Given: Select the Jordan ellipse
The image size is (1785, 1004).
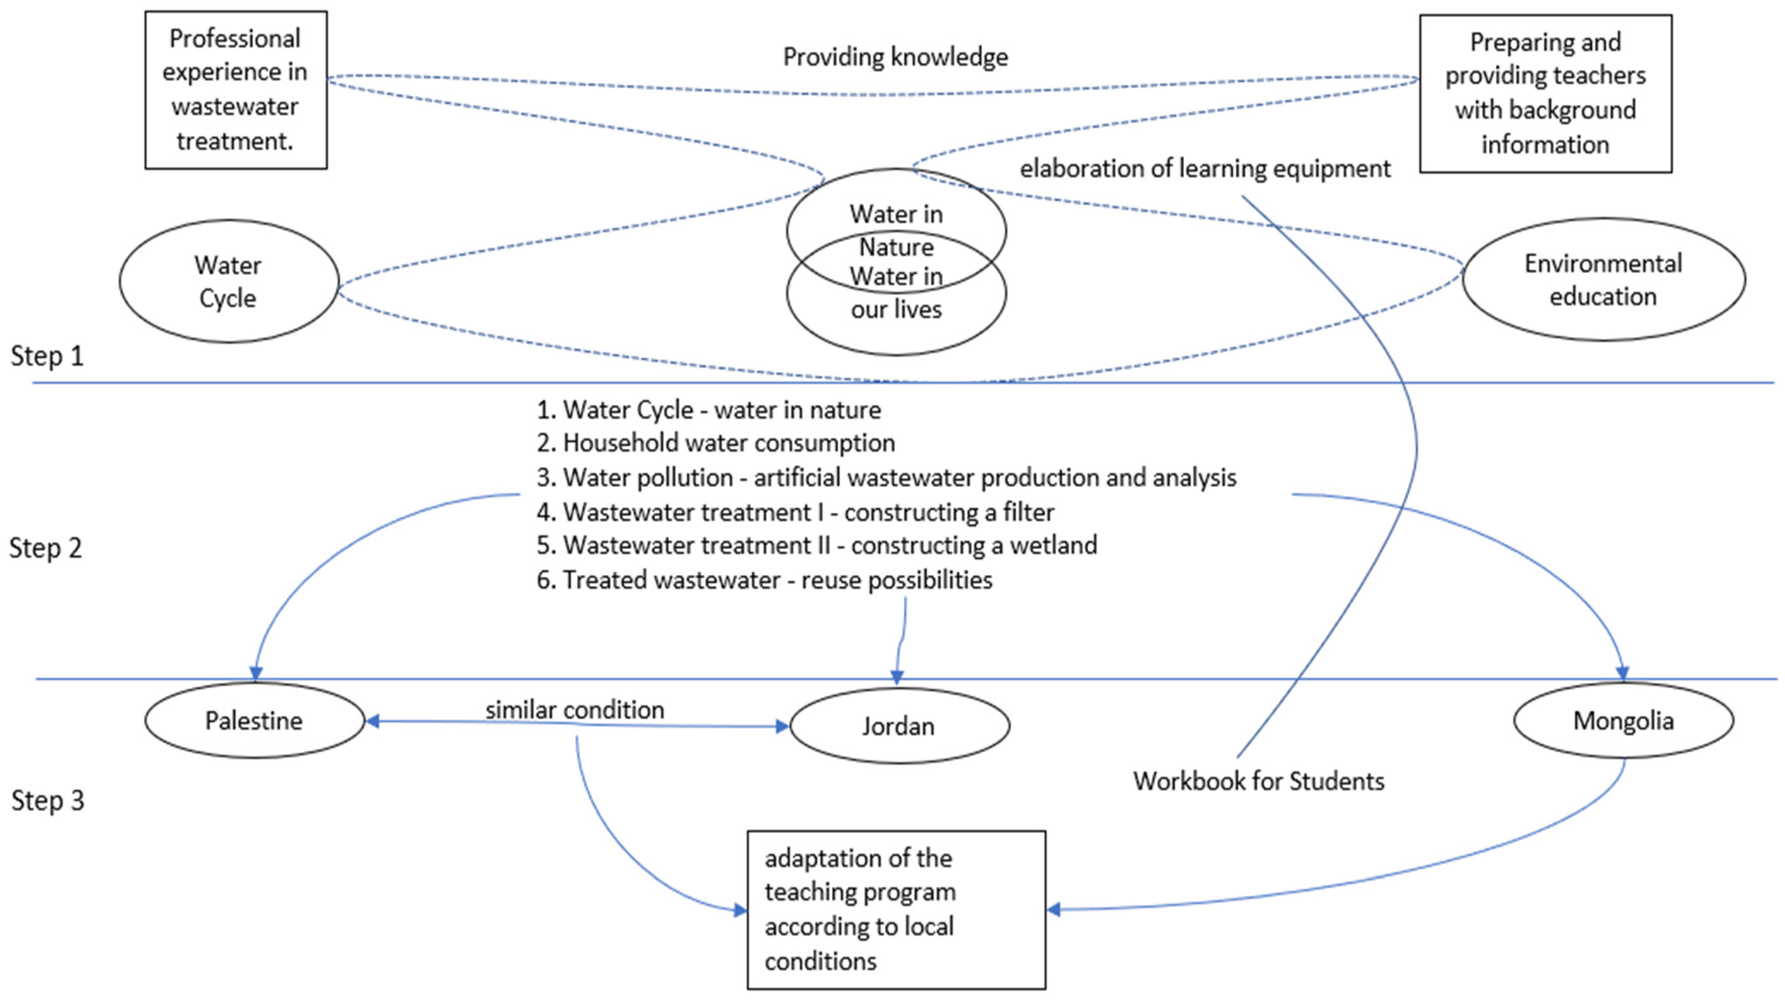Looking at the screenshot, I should [899, 725].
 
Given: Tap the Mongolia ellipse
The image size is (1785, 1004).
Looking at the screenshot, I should [1623, 721].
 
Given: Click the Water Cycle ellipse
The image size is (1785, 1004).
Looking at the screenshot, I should [228, 281].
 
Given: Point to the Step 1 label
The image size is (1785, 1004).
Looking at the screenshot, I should [47, 356].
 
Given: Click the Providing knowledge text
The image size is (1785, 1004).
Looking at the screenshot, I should [895, 57].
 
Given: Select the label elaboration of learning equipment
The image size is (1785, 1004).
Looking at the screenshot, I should [1204, 168].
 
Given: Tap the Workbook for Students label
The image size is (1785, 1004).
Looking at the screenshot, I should [1258, 781].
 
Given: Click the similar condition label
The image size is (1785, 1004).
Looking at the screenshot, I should [574, 709].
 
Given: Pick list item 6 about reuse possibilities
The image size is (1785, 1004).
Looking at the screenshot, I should [764, 580].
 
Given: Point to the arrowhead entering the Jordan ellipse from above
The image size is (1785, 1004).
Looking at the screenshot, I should [897, 678].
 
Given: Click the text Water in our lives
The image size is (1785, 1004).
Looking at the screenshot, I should [896, 293].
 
